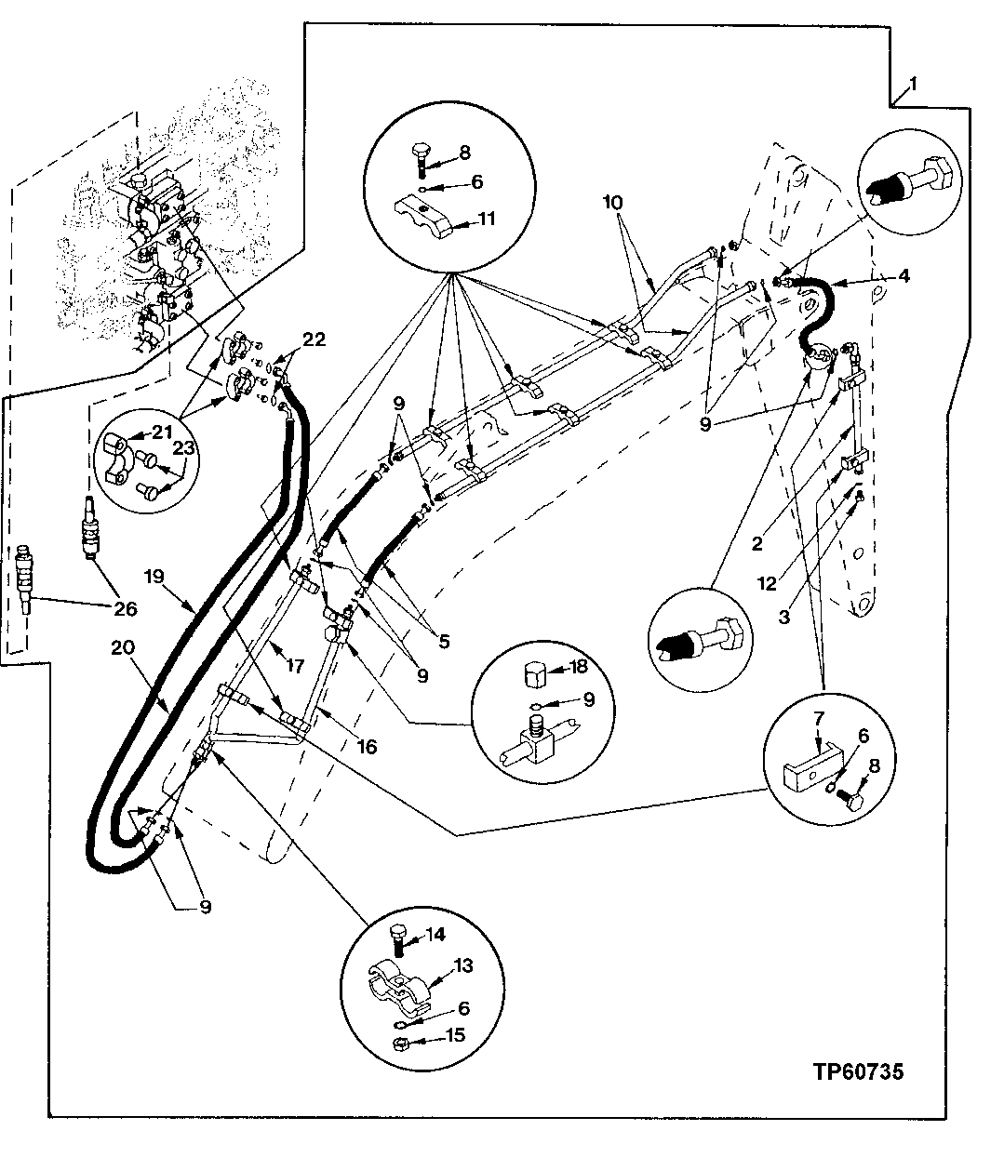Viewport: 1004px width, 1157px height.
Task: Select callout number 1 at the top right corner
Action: click(913, 85)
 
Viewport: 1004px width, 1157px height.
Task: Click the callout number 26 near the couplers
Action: click(125, 610)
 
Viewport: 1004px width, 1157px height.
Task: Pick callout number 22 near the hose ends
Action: click(314, 340)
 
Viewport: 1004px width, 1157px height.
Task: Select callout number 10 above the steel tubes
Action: click(612, 202)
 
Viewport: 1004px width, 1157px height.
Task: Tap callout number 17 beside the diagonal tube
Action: click(295, 665)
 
